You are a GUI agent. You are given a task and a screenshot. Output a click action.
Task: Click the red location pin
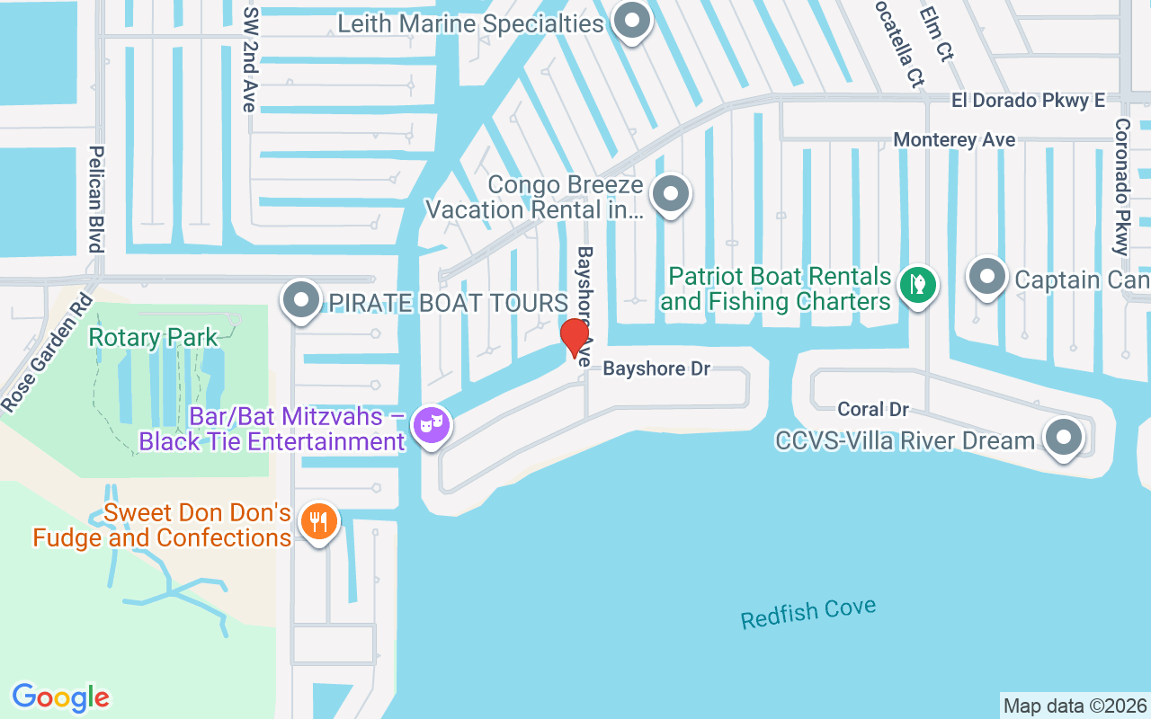click(x=574, y=337)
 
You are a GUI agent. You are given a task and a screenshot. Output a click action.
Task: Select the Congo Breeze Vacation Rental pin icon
click(x=670, y=194)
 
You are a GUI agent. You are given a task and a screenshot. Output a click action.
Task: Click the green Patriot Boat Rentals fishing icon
click(x=916, y=286)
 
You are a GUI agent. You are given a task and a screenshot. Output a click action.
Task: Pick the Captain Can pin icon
click(x=987, y=277)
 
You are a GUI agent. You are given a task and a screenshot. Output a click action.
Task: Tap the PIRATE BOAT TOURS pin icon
click(x=301, y=300)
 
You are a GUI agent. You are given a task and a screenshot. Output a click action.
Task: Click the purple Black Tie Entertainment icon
click(x=431, y=424)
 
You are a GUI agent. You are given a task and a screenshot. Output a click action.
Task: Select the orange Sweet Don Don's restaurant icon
click(x=318, y=521)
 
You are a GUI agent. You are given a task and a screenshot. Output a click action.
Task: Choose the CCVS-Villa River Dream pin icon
click(x=1065, y=439)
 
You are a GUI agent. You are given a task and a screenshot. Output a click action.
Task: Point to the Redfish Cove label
click(x=807, y=614)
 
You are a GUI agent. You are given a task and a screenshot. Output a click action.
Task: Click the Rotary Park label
click(x=153, y=338)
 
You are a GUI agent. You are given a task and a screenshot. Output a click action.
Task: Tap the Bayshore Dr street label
click(x=656, y=368)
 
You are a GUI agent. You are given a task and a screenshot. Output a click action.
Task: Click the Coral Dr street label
click(x=873, y=409)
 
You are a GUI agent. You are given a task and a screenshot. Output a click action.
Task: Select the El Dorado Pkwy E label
click(x=1029, y=101)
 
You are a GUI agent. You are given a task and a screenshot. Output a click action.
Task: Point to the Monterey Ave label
click(x=954, y=140)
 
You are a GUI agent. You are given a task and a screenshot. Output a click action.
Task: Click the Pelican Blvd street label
click(x=96, y=199)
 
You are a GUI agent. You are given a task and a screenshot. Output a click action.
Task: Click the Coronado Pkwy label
click(x=1122, y=186)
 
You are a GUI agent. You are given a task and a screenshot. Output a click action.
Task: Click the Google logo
click(x=60, y=697)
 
